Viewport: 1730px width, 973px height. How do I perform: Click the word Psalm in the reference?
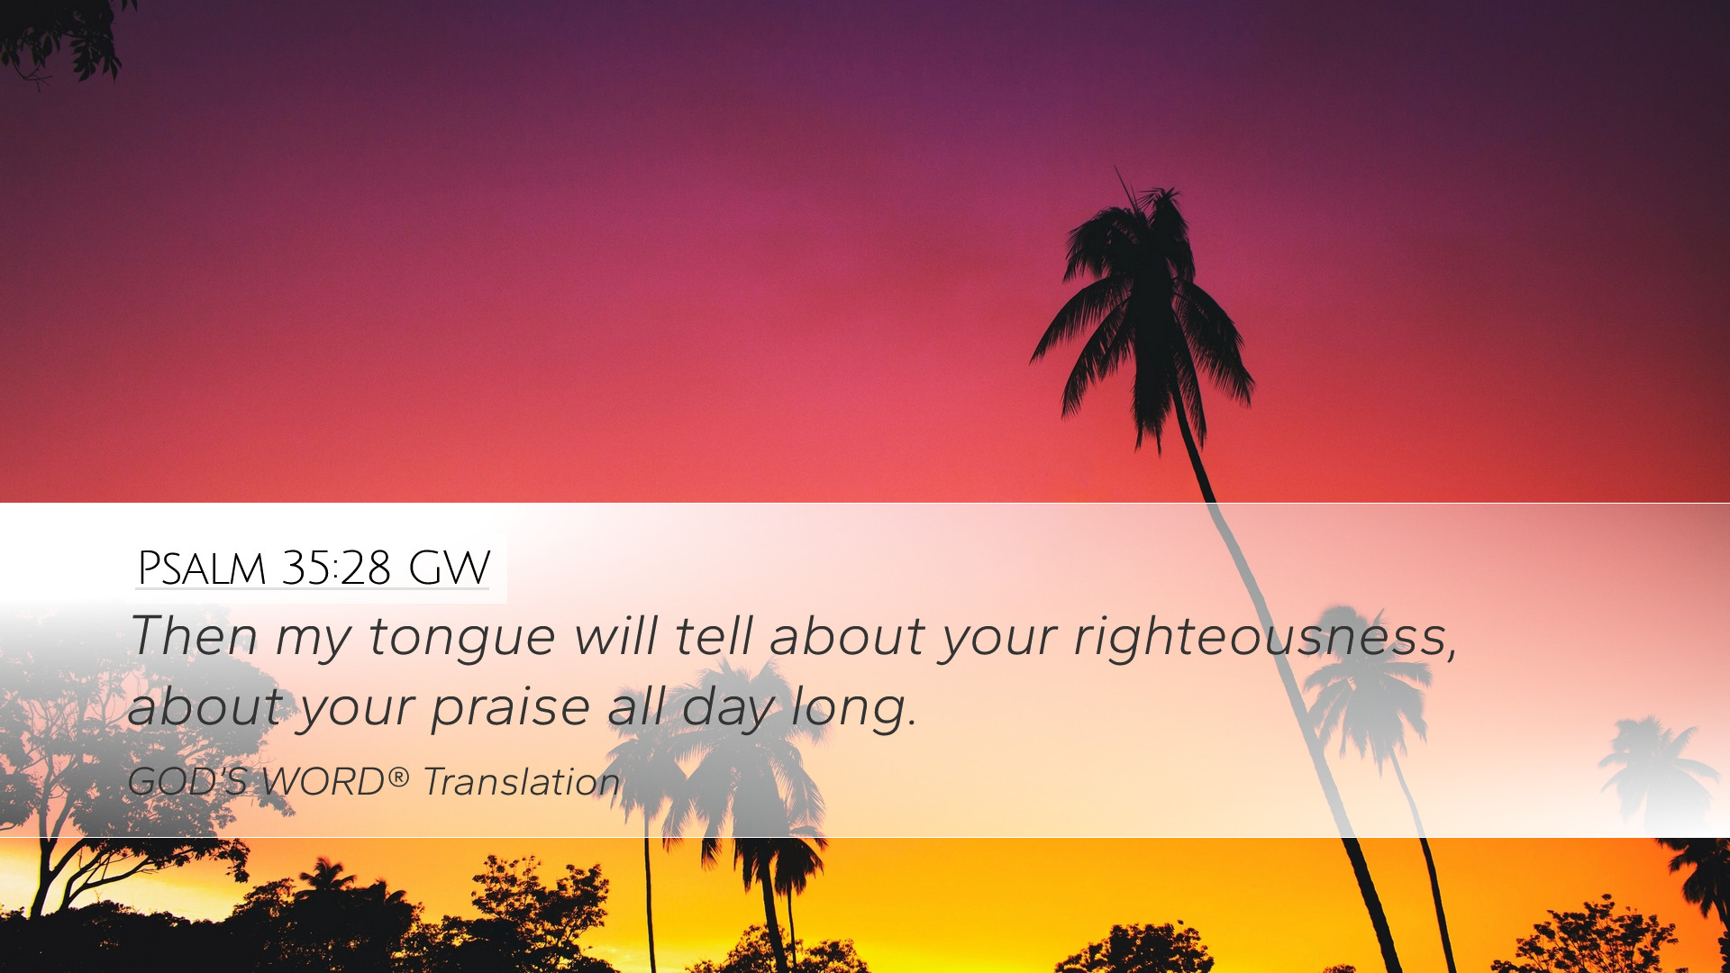[x=202, y=568]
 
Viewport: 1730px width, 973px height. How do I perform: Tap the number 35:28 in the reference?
[x=336, y=568]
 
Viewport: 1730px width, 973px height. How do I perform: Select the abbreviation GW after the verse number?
[x=449, y=568]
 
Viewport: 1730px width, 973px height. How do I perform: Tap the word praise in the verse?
[x=510, y=707]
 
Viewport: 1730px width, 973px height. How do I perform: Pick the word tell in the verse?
[x=714, y=635]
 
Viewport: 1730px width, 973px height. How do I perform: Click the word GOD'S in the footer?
[x=188, y=781]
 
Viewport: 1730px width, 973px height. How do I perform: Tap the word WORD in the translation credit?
[x=323, y=781]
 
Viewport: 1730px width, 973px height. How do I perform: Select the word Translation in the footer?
[x=522, y=781]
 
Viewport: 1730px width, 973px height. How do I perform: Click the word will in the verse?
[x=616, y=635]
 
